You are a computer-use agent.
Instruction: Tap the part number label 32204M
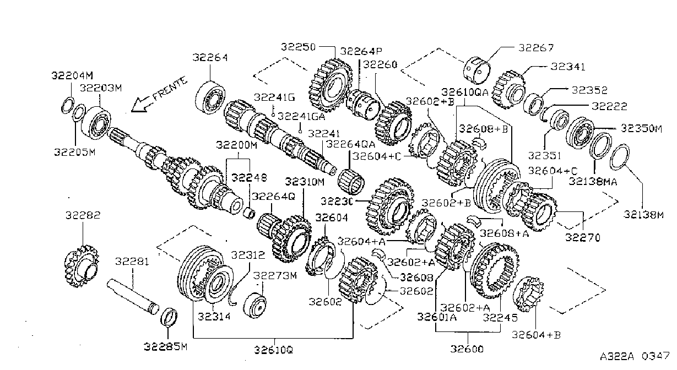[x=72, y=75]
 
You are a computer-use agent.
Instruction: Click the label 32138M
[x=644, y=215]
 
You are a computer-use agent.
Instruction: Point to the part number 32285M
[x=165, y=347]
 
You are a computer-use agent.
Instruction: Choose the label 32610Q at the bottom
[x=274, y=350]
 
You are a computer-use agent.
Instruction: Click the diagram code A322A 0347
[x=635, y=356]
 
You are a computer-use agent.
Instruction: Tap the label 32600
[x=467, y=349]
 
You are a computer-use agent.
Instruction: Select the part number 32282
[x=83, y=215]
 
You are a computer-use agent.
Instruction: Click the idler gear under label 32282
[x=82, y=266]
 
